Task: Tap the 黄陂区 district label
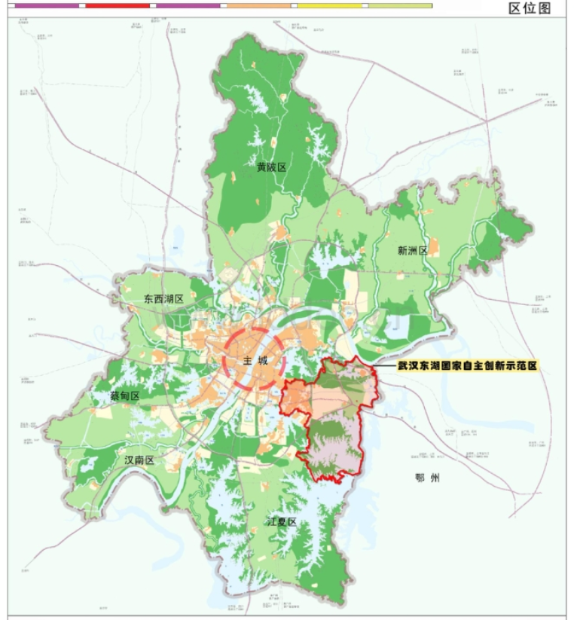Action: click(x=271, y=167)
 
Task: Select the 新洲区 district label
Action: click(x=412, y=251)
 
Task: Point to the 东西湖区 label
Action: click(x=164, y=299)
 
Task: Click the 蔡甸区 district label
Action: click(x=125, y=396)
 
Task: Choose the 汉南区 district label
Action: click(x=139, y=460)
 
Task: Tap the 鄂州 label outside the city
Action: click(x=426, y=478)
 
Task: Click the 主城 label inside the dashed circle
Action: click(x=255, y=361)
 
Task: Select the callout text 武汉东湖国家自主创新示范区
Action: click(x=469, y=365)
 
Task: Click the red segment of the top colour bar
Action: click(x=118, y=5)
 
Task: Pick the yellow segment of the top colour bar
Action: click(x=329, y=5)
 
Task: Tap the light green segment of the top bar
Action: click(x=400, y=5)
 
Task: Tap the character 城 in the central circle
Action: click(x=263, y=361)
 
